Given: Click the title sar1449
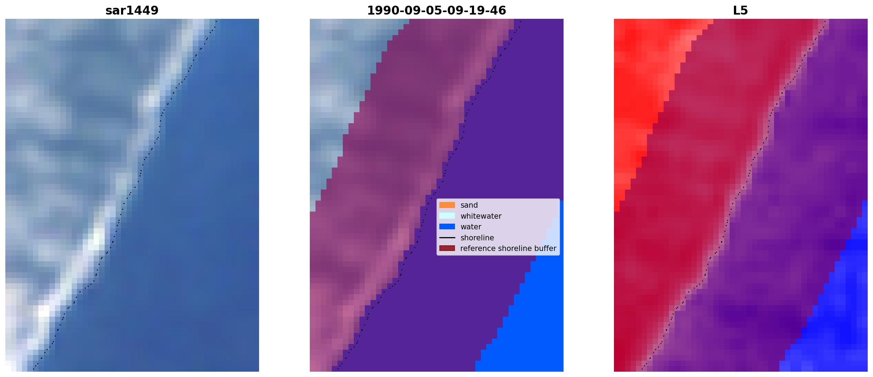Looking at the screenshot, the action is coord(132,10).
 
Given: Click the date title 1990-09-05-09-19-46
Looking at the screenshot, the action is coord(436,10).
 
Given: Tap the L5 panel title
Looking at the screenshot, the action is coord(740,10).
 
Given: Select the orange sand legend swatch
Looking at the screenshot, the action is coord(447,205).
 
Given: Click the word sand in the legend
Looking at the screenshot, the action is coord(469,205).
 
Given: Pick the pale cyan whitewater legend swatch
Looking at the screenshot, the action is coord(447,216).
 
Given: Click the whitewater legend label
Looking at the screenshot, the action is coord(481,216).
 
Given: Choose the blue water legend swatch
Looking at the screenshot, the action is coord(447,227).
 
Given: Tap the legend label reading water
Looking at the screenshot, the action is coord(471,227).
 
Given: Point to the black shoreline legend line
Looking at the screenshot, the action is coord(447,238).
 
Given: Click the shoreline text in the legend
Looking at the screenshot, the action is coord(477,238).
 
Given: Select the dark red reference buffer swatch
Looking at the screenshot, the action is coord(447,248).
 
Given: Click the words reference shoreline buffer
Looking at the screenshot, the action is coord(508,248).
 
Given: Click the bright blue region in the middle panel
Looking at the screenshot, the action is coord(532,319).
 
